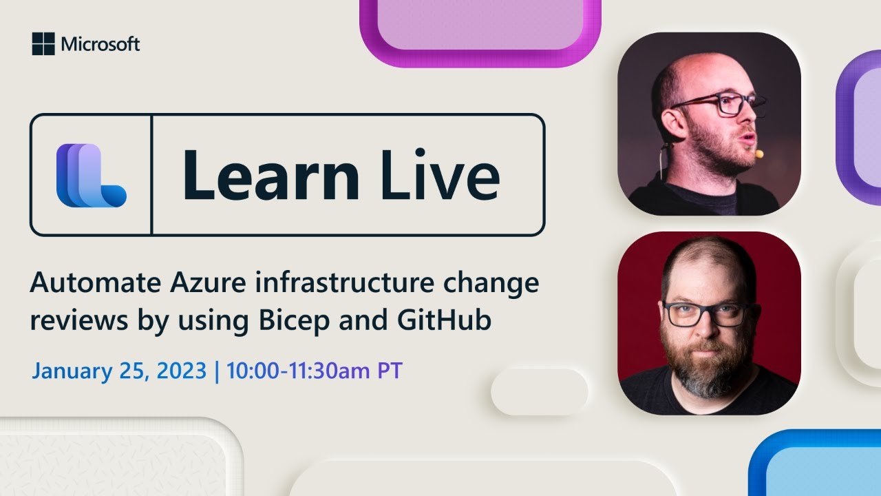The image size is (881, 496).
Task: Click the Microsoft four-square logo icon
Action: coord(43,44)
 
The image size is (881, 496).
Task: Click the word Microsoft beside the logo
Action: coord(100,45)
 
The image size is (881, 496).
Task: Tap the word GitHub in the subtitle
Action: coord(452,321)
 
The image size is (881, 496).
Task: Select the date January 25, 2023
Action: coord(119,371)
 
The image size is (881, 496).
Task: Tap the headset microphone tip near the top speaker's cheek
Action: coord(759,154)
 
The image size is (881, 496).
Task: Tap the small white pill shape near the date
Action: coord(539,391)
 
